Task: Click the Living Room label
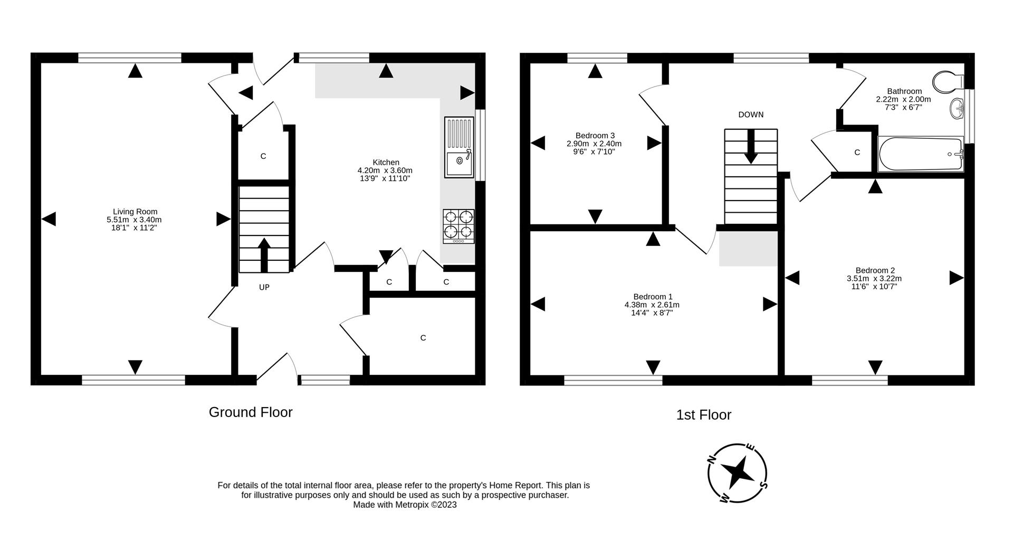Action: click(135, 212)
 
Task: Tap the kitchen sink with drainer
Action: click(460, 147)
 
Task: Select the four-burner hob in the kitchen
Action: click(458, 225)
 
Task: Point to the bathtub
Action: click(921, 154)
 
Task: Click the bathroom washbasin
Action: click(957, 109)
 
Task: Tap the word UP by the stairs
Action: click(264, 287)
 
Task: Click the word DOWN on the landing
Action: click(750, 115)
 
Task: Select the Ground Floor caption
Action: click(251, 412)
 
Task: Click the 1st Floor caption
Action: click(703, 415)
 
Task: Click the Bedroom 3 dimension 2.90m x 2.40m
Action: click(594, 144)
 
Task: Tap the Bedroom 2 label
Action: click(874, 270)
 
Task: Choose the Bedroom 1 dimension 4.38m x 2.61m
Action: click(652, 305)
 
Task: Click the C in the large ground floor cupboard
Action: click(423, 338)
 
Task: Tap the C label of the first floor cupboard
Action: click(857, 153)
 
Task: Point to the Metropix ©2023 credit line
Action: click(405, 505)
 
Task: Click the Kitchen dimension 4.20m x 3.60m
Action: click(385, 171)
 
